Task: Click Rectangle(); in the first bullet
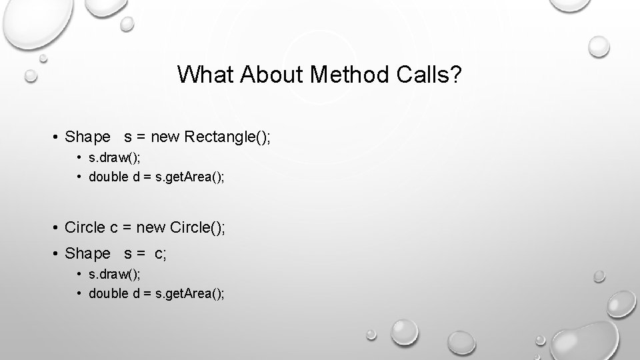(228, 137)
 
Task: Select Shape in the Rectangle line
(87, 137)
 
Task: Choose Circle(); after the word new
(198, 228)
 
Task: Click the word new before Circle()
(151, 228)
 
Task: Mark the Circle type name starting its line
(85, 228)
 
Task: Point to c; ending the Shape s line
(160, 253)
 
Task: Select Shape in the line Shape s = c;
(87, 253)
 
